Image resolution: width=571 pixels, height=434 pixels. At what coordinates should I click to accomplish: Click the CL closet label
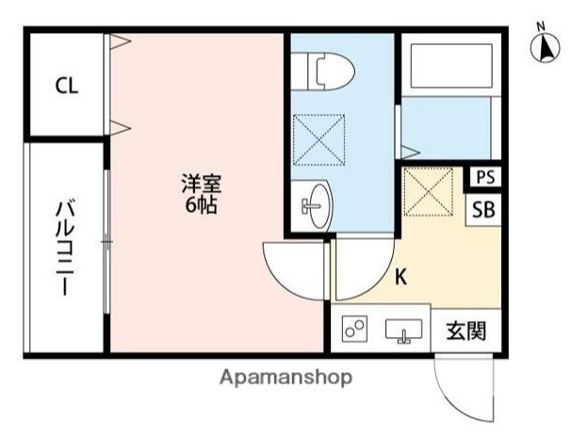pyautogui.click(x=66, y=88)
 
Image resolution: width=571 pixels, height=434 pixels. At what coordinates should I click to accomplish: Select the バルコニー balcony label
pyautogui.click(x=65, y=248)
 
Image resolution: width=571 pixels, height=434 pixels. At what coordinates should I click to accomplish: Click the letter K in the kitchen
pyautogui.click(x=400, y=277)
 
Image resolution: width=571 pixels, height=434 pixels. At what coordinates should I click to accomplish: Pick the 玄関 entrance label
pyautogui.click(x=465, y=330)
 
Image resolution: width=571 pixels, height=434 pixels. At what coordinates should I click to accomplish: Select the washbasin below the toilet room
pyautogui.click(x=316, y=204)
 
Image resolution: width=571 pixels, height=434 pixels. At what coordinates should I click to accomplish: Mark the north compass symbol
pyautogui.click(x=545, y=50)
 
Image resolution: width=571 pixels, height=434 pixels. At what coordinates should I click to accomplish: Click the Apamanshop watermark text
pyautogui.click(x=285, y=378)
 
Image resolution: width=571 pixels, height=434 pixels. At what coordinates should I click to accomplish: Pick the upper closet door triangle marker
pyautogui.click(x=117, y=41)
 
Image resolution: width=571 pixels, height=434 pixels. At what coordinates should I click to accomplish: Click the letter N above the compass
pyautogui.click(x=541, y=25)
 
